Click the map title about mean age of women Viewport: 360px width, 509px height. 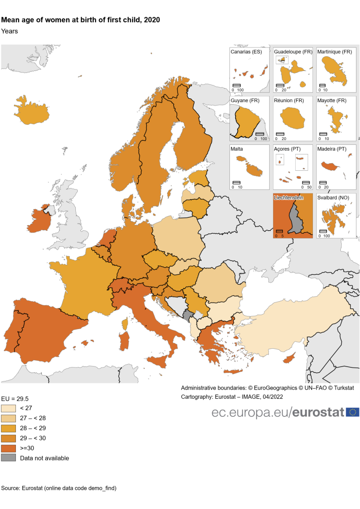pos(81,20)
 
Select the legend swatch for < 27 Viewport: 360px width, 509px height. pos(9,408)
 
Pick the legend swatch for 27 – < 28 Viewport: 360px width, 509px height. pos(9,418)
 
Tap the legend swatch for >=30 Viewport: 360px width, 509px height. pos(9,448)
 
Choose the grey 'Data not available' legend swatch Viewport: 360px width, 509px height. pos(9,458)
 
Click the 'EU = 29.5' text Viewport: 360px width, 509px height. pos(15,398)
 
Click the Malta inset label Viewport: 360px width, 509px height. pos(237,149)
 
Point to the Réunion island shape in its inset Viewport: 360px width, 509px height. pos(292,118)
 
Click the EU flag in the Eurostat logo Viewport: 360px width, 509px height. pos(352,412)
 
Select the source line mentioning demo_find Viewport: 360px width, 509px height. pos(59,488)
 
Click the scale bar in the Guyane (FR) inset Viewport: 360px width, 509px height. pos(260,134)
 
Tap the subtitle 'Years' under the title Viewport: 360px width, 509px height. pos(10,31)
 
